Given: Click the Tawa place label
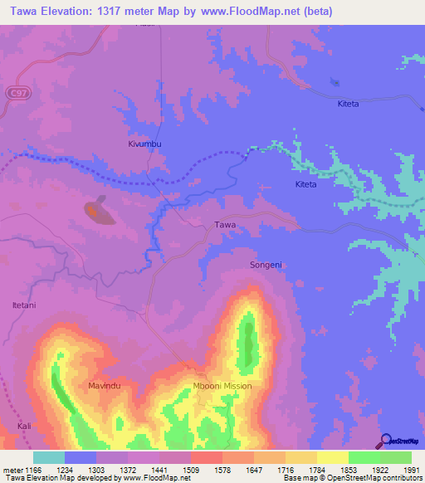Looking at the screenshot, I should [x=226, y=225].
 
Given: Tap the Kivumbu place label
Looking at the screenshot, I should [x=144, y=144].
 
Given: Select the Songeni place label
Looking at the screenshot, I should [x=266, y=265].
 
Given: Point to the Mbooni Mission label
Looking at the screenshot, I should [x=222, y=386].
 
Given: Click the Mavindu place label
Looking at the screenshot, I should [x=105, y=386].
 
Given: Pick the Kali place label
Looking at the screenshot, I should [x=25, y=426].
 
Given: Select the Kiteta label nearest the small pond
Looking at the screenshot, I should [x=348, y=104].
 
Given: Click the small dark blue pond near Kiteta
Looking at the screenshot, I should [x=335, y=81].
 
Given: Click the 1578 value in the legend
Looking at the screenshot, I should [x=206, y=469].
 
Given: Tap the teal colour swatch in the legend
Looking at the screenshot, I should [x=49, y=457].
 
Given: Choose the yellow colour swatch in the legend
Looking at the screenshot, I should [x=332, y=457].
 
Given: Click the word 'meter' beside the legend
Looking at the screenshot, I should [x=12, y=469].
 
